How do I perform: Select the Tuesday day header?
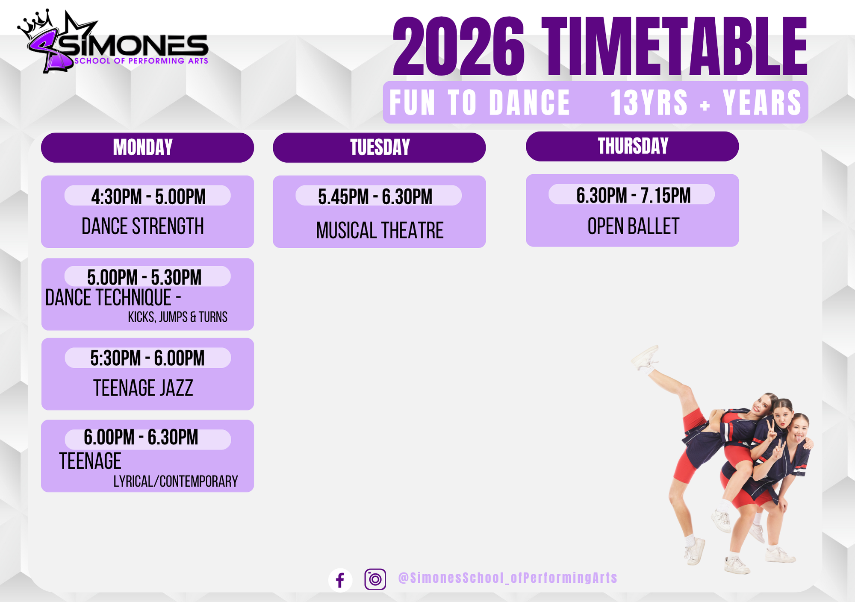tap(379, 147)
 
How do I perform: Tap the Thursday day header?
tap(632, 146)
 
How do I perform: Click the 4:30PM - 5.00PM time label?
tap(148, 197)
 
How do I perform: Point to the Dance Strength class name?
tap(143, 226)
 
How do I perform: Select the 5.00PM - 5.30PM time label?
tap(144, 277)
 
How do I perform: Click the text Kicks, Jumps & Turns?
tap(178, 317)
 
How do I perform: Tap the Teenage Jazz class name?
tap(143, 388)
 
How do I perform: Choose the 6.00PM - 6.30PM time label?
tap(141, 437)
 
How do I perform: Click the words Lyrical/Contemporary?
tap(176, 482)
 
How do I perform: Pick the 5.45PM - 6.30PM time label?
tap(375, 197)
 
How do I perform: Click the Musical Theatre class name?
tap(380, 230)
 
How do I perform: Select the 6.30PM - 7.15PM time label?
tap(634, 195)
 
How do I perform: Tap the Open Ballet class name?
tap(633, 226)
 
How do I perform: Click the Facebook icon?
tap(340, 580)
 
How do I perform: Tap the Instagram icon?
tap(375, 579)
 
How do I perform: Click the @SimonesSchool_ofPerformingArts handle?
tap(508, 578)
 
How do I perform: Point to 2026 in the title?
tap(459, 47)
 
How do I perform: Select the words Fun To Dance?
tap(480, 103)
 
